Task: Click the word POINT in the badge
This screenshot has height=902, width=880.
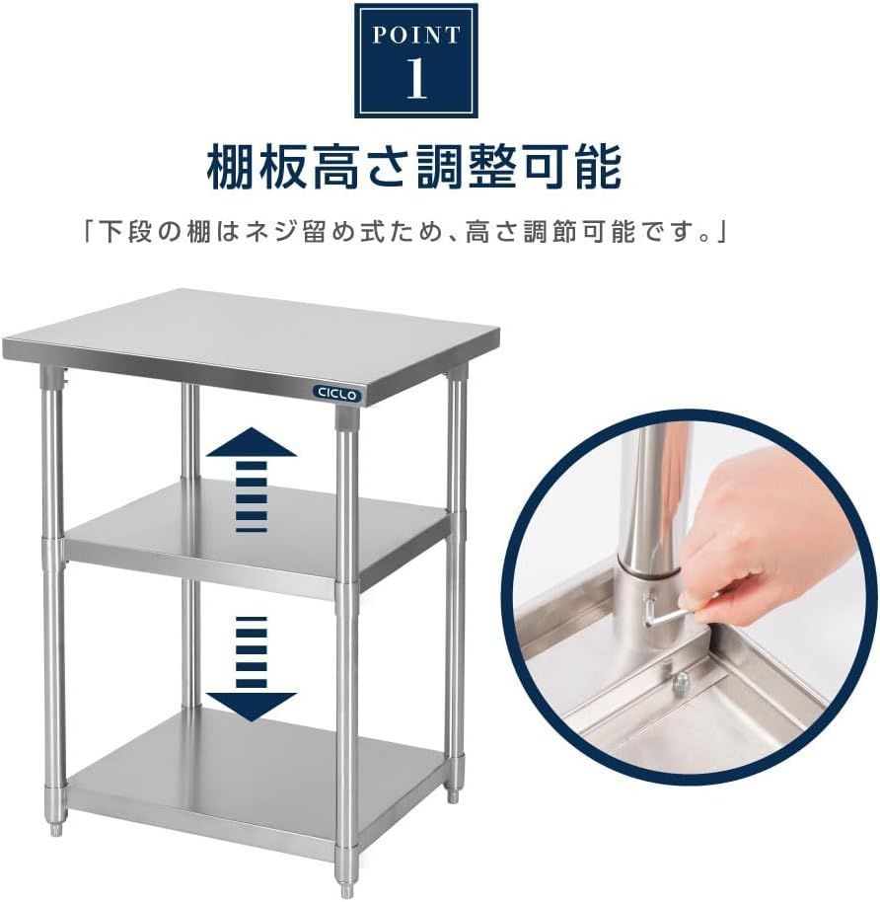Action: (x=415, y=37)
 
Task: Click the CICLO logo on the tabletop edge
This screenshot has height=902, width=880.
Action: (x=338, y=393)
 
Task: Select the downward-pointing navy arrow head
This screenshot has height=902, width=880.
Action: (x=251, y=703)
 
